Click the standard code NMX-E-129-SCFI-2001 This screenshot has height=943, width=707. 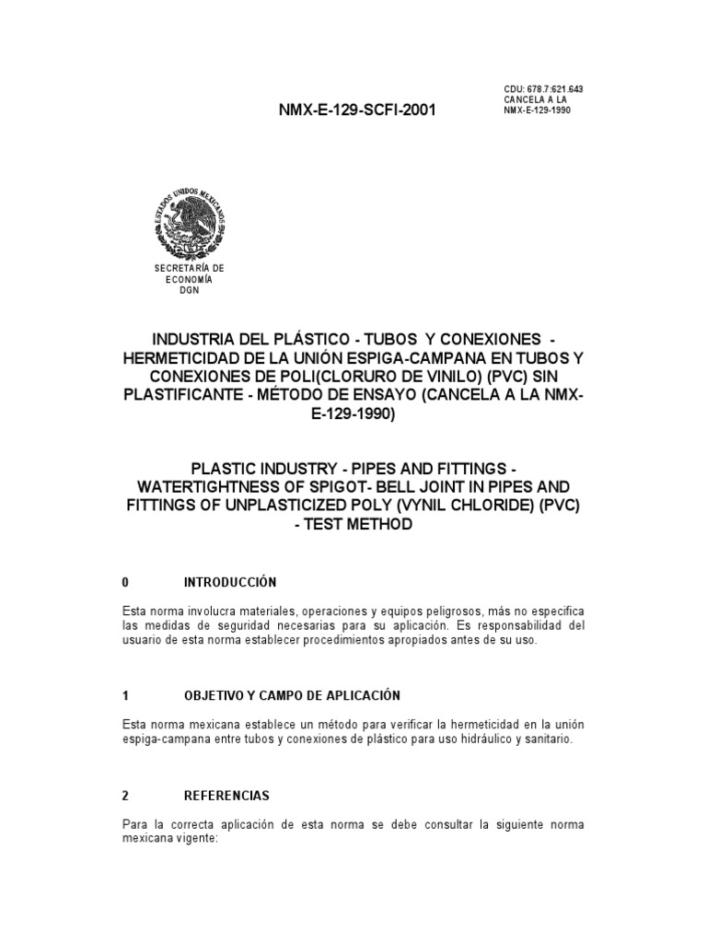(357, 111)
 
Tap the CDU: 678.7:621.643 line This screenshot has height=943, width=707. (543, 88)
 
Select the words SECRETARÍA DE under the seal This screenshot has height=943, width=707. (190, 267)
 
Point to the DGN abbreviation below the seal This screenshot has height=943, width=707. (190, 289)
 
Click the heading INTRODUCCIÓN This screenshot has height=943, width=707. (230, 583)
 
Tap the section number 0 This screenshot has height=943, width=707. (125, 583)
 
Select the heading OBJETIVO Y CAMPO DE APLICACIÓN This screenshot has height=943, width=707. (293, 694)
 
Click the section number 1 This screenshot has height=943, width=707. (125, 694)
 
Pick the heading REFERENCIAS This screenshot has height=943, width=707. (227, 795)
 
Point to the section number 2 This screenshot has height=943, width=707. (125, 795)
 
